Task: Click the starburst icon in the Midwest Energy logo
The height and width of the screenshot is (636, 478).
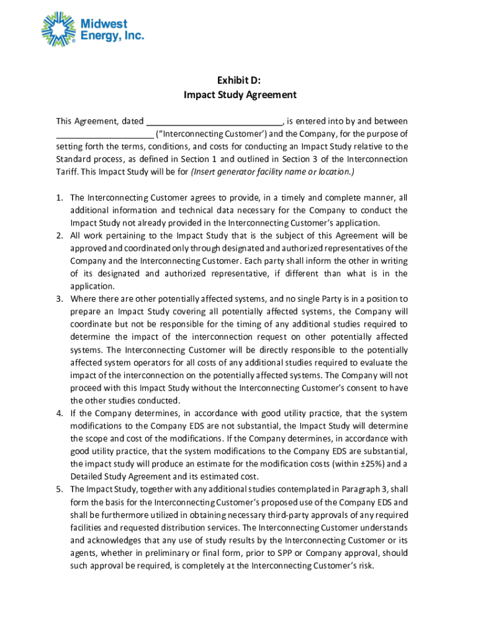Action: (60, 29)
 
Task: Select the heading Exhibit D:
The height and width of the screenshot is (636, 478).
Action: (238, 80)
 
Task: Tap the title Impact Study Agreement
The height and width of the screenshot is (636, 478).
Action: (240, 95)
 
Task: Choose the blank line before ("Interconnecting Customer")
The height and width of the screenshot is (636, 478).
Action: (104, 134)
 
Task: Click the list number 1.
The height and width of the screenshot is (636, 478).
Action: (60, 198)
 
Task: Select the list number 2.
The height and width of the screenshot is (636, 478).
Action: (60, 235)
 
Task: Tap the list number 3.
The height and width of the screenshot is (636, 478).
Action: (60, 299)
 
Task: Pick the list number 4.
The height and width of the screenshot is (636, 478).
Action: (60, 413)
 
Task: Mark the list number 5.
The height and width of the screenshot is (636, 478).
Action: (60, 489)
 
